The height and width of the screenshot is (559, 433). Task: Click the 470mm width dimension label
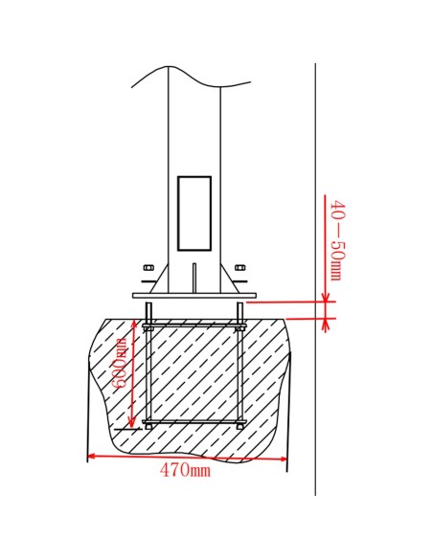(x=185, y=471)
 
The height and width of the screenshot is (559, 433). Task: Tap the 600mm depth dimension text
(x=120, y=363)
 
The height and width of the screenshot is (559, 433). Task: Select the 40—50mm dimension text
(x=336, y=240)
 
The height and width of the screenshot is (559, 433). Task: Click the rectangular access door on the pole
(x=194, y=212)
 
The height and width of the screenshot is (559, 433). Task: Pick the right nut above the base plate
(x=239, y=267)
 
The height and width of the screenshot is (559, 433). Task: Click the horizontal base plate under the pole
(x=194, y=296)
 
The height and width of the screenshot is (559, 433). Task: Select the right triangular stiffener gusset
(x=226, y=280)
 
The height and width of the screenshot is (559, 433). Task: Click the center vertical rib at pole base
(x=194, y=277)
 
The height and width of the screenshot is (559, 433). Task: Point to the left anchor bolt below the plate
(x=148, y=364)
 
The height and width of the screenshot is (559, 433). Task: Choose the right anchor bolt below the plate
(x=239, y=364)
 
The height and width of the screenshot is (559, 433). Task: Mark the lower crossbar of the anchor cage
(x=194, y=422)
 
